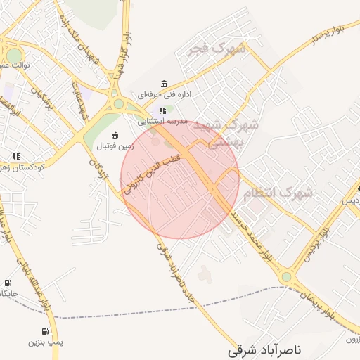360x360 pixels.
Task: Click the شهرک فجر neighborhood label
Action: [x=219, y=49]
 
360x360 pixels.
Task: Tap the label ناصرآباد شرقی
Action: [x=266, y=349]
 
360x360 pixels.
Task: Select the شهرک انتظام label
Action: [x=285, y=192]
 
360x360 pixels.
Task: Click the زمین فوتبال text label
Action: [x=115, y=146]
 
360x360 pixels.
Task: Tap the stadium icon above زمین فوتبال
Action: [x=115, y=135]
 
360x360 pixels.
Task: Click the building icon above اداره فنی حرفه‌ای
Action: [x=165, y=83]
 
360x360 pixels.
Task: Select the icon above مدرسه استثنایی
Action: [x=163, y=110]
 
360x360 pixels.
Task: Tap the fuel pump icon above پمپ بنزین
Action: [x=46, y=331]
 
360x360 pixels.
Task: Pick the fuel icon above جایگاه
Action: [x=8, y=282]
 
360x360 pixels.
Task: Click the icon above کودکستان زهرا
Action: [x=15, y=156]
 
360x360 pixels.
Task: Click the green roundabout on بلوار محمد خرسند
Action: [x=286, y=277]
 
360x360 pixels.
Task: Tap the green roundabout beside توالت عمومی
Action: [x=13, y=55]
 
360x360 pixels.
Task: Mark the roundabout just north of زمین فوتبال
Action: [x=118, y=103]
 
